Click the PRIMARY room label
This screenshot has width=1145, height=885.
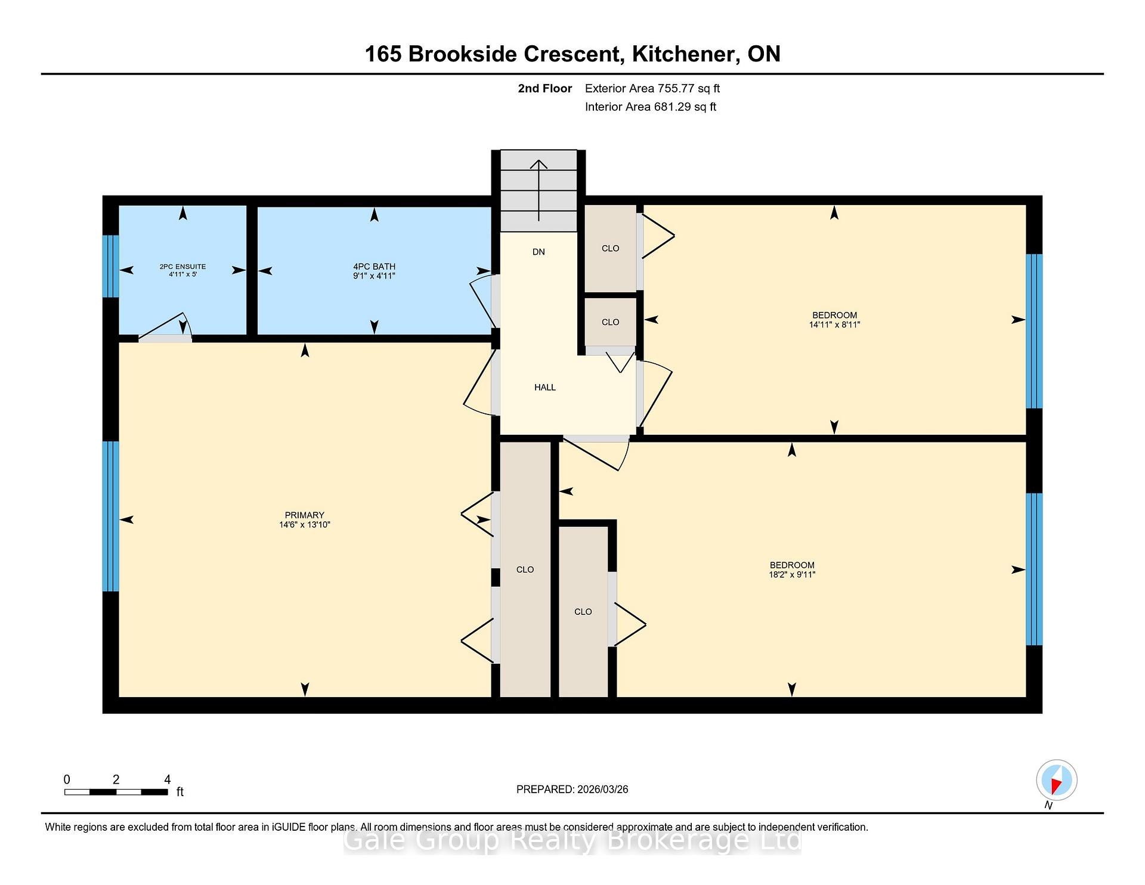(x=304, y=515)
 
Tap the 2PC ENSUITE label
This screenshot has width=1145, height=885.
(x=182, y=267)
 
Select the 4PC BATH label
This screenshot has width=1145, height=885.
(x=374, y=267)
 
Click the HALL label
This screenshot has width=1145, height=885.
(x=545, y=388)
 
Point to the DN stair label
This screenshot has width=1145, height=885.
(x=539, y=252)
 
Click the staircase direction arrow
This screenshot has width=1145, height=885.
(x=539, y=191)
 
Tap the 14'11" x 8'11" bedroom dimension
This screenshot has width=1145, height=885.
(x=834, y=325)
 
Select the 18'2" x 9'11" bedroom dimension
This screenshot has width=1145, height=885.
(x=792, y=575)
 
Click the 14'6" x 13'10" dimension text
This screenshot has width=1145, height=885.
(x=304, y=525)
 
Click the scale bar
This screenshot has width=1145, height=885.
(x=116, y=792)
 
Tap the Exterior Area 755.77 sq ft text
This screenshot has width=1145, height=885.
(x=652, y=89)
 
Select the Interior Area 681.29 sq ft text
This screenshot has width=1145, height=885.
(x=651, y=107)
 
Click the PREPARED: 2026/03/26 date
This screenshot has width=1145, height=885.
(x=572, y=790)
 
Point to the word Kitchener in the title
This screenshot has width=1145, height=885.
(x=683, y=54)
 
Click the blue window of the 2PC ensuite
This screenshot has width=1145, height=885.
(x=111, y=266)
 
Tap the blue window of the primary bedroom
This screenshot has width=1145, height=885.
(x=111, y=516)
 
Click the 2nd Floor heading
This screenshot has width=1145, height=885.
(x=544, y=89)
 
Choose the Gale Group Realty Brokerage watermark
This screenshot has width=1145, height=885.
(x=572, y=841)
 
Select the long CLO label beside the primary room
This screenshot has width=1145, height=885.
(x=525, y=570)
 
